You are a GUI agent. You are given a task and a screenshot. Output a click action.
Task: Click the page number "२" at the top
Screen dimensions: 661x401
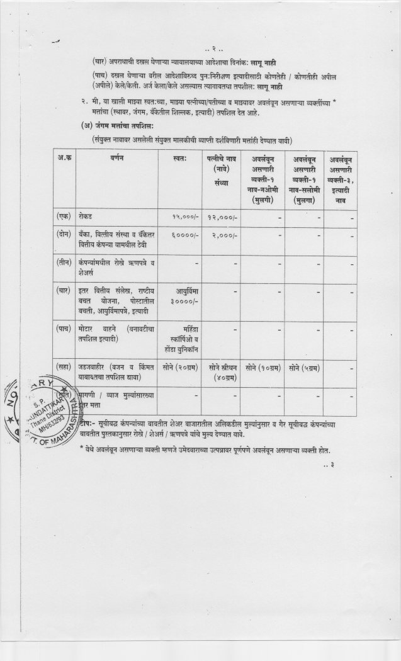(213, 48)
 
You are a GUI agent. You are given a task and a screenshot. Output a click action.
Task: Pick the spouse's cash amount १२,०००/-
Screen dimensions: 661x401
(222, 217)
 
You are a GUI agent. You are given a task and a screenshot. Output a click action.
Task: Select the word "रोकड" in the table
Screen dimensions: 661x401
(86, 217)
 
